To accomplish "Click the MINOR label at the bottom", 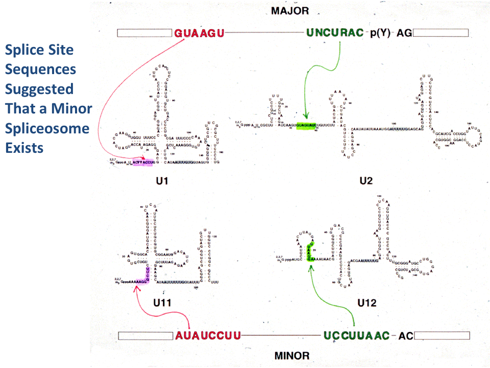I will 292,355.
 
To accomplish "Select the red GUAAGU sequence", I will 199,33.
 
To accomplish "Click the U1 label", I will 163,181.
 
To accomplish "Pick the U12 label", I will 366,303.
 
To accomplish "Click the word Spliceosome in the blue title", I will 47,128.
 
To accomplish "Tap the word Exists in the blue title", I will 24,148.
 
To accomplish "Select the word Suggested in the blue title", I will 39,89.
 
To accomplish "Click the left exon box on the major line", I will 145,33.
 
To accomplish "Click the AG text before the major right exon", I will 404,33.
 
